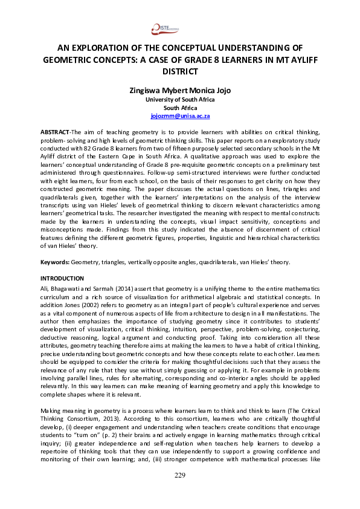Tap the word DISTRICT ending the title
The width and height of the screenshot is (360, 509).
coord(179,71)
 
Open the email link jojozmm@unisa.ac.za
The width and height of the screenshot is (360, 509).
coord(179,114)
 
